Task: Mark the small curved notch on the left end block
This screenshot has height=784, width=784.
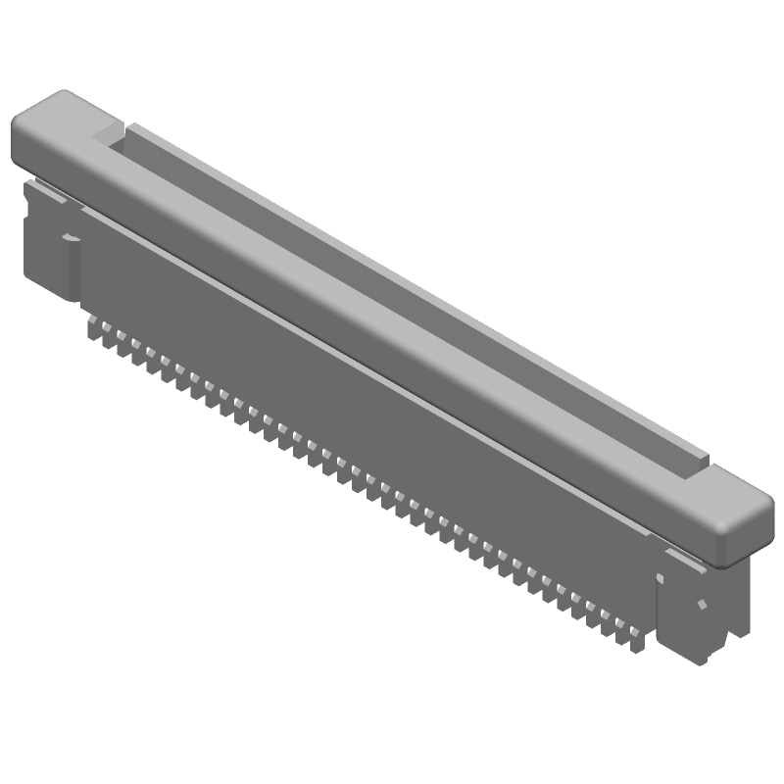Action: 70,236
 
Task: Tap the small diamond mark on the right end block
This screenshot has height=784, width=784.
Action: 702,604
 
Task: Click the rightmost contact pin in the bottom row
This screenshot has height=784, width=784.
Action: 638,641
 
